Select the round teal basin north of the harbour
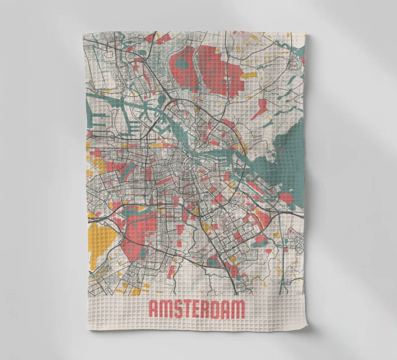162,100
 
